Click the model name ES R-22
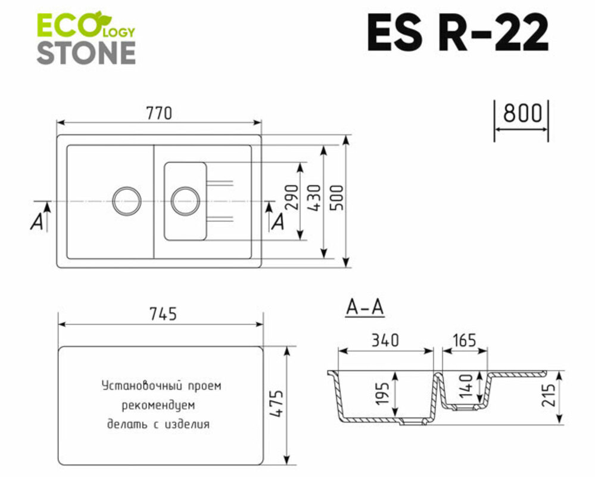(x=457, y=33)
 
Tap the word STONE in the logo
(x=86, y=53)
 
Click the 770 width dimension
(x=159, y=113)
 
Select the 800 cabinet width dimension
(x=522, y=113)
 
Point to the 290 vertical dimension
(x=292, y=197)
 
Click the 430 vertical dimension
(x=315, y=197)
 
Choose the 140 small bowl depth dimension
(x=466, y=386)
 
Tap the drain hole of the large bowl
(x=127, y=200)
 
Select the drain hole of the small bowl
(x=185, y=200)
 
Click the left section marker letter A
(x=38, y=222)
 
